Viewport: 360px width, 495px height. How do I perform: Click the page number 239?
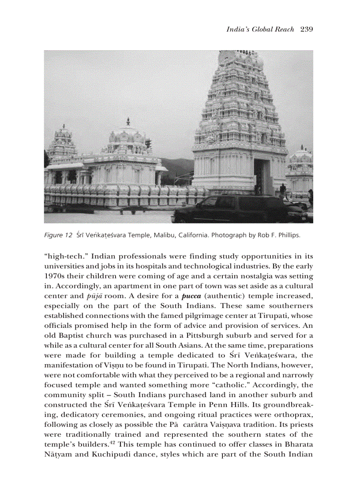pyautogui.click(x=306, y=30)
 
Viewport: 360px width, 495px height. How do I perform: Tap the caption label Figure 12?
pyautogui.click(x=58, y=235)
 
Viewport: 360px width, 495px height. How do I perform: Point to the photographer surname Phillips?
pyautogui.click(x=289, y=235)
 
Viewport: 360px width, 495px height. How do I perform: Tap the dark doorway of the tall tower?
pyautogui.click(x=263, y=176)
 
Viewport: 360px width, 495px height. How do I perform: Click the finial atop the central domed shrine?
pyautogui.click(x=128, y=121)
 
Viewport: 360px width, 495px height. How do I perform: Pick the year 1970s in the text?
pyautogui.click(x=55, y=276)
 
